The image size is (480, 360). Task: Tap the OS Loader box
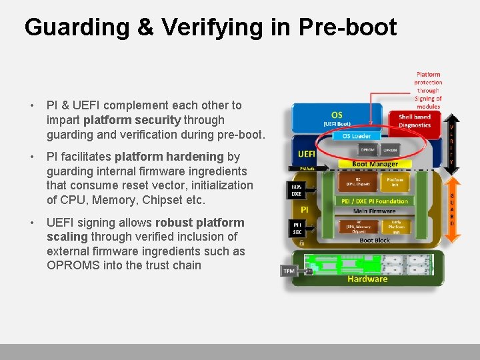pyautogui.click(x=357, y=136)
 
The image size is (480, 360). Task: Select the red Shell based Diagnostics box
pyautogui.click(x=415, y=121)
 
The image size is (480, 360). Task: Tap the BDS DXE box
pyautogui.click(x=297, y=190)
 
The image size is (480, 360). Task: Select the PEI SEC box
pyautogui.click(x=297, y=228)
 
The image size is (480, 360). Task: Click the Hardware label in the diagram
pyautogui.click(x=367, y=279)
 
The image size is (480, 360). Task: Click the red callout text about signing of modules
pyautogui.click(x=428, y=90)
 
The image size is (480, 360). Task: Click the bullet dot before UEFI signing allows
pyautogui.click(x=31, y=223)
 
